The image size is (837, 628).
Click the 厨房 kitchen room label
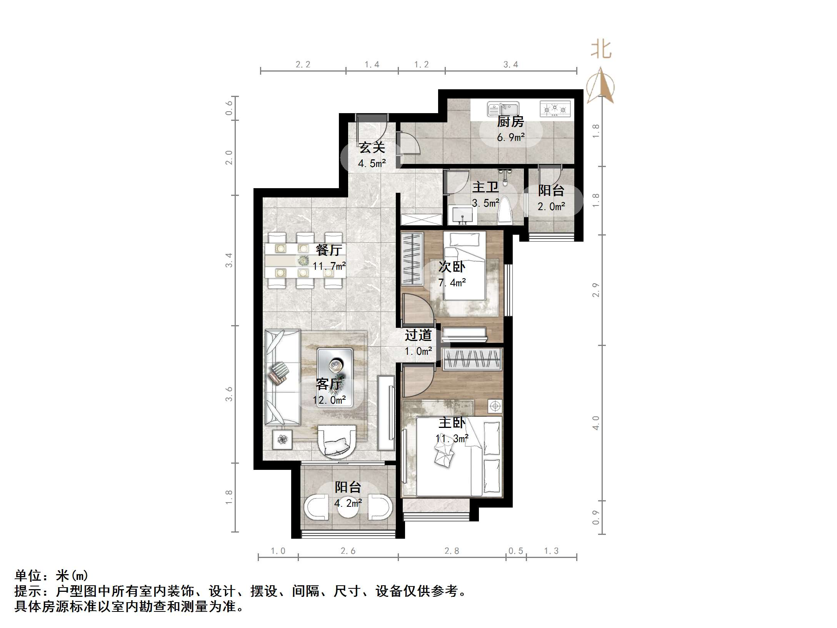coord(510,122)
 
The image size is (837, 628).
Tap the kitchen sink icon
coord(503,109)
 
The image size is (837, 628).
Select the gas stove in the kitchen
coord(555,109)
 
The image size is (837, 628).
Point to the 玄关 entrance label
coord(372,148)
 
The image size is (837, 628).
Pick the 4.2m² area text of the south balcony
coord(348,503)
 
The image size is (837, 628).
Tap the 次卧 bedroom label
coord(452,267)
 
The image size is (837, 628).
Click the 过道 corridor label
coord(418,335)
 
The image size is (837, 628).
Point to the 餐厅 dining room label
coord(329,250)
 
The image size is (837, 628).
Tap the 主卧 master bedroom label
coord(452,423)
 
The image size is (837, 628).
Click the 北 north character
coord(601,50)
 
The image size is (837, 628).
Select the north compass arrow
coord(600,86)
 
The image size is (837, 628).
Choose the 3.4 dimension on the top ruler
coord(511,65)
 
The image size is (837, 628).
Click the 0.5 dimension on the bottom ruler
coord(516,551)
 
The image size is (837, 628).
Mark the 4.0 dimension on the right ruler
coord(596,423)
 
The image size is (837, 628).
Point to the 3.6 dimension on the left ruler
coord(229,394)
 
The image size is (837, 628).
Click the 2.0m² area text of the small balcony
coord(551,207)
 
